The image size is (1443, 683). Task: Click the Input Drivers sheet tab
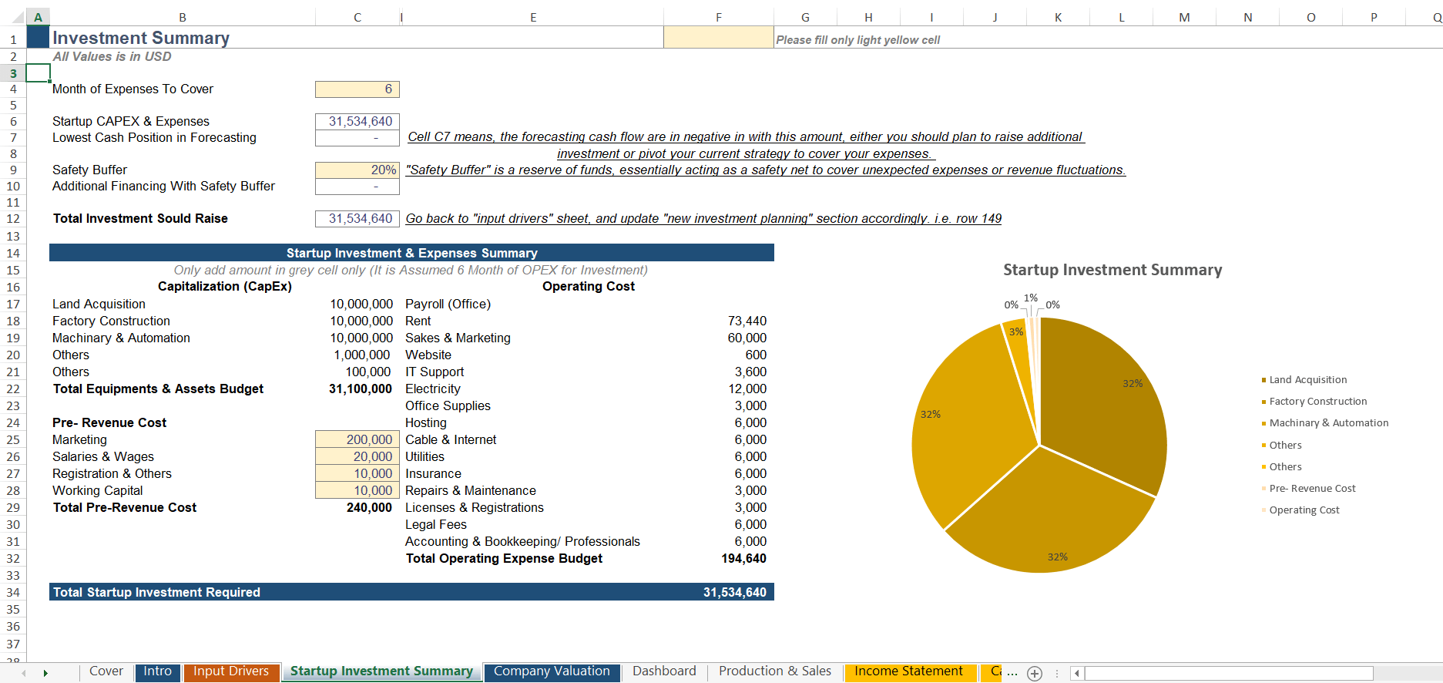[x=231, y=671]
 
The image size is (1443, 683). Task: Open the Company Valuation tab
[x=552, y=671]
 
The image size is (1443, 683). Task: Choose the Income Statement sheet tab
[x=908, y=671]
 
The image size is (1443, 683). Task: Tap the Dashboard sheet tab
[x=664, y=671]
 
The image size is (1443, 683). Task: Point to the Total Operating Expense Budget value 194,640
[x=743, y=558]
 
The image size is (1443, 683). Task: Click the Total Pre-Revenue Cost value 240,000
[x=369, y=507]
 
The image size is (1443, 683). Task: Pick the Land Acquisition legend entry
[x=1307, y=379]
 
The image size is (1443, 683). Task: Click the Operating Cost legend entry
[x=1304, y=510]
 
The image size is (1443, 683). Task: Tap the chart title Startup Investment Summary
[x=1112, y=270]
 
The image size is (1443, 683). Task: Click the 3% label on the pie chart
[x=1016, y=331]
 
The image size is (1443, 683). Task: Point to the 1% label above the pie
[x=1031, y=298]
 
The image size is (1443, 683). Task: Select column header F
[x=718, y=17]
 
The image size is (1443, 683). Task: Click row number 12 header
[x=13, y=219]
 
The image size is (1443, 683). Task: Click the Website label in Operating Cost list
[x=428, y=355]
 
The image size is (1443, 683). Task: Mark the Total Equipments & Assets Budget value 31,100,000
[x=361, y=389]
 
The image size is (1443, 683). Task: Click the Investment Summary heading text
[x=141, y=38]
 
